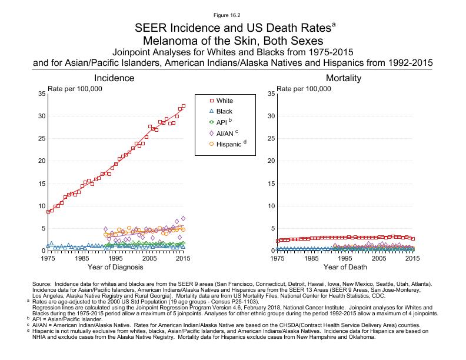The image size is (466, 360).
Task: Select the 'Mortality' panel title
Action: pyautogui.click(x=343, y=78)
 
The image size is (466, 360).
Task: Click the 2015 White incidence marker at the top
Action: pyautogui.click(x=183, y=106)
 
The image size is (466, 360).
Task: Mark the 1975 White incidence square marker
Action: pyautogui.click(x=48, y=212)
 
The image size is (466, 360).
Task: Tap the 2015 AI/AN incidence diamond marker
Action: pyautogui.click(x=183, y=218)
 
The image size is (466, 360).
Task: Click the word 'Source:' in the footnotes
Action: pyautogui.click(x=43, y=284)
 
